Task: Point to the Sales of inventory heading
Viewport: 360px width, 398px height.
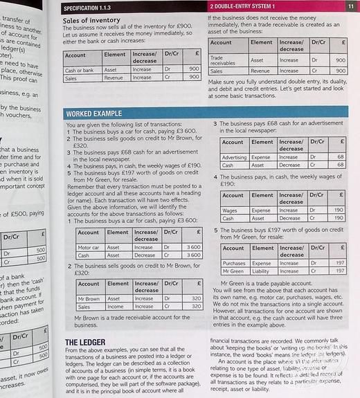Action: tap(91, 20)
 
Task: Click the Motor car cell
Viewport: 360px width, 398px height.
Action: tap(89, 247)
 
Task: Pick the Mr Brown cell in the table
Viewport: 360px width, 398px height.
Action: tap(88, 298)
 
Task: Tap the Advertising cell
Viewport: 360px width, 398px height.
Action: tap(234, 157)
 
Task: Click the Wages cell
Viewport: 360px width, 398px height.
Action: tap(230, 210)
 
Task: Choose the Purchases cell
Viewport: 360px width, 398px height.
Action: tap(234, 263)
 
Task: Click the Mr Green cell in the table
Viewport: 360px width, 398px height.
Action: tap(233, 271)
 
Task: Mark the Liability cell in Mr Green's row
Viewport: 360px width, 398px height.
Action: tap(262, 271)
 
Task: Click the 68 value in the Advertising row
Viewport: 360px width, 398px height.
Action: tap(340, 157)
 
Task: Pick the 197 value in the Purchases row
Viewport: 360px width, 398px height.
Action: tap(339, 263)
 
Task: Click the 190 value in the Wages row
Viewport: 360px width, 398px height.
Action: tap(339, 210)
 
